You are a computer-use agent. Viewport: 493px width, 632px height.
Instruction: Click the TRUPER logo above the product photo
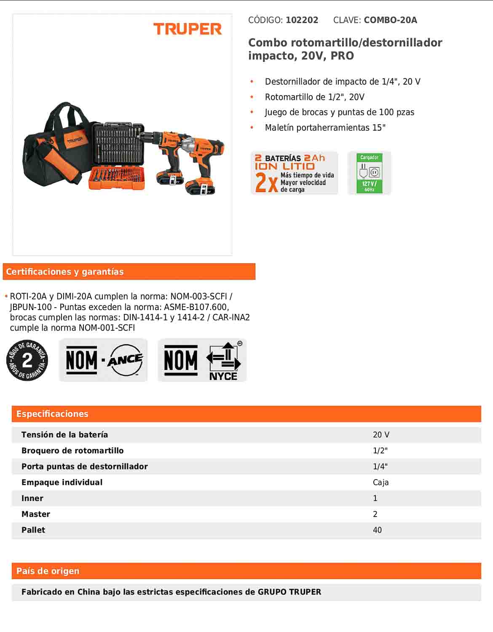188,29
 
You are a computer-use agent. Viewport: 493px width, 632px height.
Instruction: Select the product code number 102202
302,20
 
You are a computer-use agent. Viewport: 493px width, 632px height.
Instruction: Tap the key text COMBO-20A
390,20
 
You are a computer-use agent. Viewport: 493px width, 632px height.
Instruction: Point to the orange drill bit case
117,178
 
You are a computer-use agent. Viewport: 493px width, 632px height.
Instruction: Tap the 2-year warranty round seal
27,360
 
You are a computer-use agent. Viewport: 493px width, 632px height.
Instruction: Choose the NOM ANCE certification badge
103,360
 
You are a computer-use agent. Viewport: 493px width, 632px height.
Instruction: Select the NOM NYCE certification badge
202,361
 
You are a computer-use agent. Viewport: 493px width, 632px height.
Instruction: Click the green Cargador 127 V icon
369,173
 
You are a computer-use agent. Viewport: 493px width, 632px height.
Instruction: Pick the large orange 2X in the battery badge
266,183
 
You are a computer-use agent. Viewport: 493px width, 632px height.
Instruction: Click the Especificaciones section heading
52,414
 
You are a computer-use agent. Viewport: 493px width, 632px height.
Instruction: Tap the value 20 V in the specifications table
381,435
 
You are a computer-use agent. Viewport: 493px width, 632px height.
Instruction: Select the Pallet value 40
377,530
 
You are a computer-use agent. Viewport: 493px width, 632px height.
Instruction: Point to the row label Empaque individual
62,482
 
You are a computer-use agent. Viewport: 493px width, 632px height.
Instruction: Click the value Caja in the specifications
380,482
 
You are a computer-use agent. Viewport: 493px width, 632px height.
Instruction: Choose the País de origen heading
48,571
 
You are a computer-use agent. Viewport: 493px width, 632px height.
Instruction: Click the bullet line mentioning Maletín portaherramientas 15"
325,128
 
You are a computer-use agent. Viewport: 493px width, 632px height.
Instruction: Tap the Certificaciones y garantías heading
65,272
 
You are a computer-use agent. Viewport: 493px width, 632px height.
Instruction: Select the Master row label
36,514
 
